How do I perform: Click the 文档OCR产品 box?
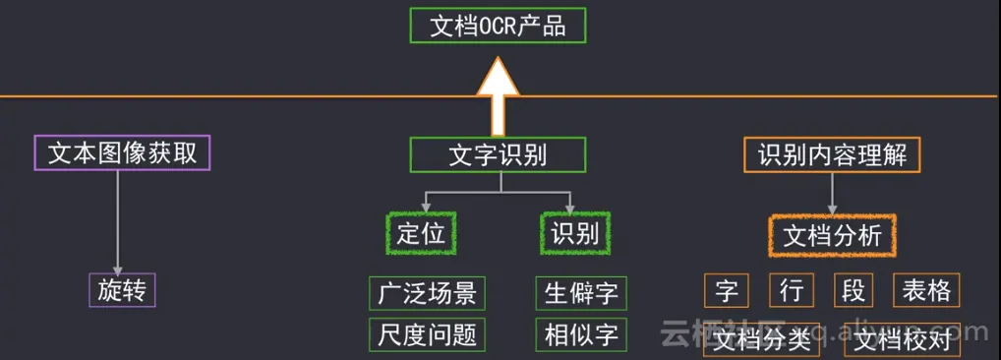pos(498,26)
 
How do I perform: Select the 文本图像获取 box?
pos(123,153)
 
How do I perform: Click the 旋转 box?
pos(123,289)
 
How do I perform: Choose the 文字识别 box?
pos(498,154)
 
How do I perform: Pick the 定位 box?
pos(421,233)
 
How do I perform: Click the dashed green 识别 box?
pos(575,233)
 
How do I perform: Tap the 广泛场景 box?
pos(428,292)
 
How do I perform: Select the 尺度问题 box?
pos(428,334)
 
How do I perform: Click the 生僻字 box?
pos(581,292)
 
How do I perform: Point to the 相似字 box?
pos(581,334)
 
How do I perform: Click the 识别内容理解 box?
pos(831,154)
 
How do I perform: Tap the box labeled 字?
pos(727,290)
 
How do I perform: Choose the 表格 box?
pos(925,290)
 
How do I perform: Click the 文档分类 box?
pos(762,340)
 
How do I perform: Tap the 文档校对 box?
pos(903,340)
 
